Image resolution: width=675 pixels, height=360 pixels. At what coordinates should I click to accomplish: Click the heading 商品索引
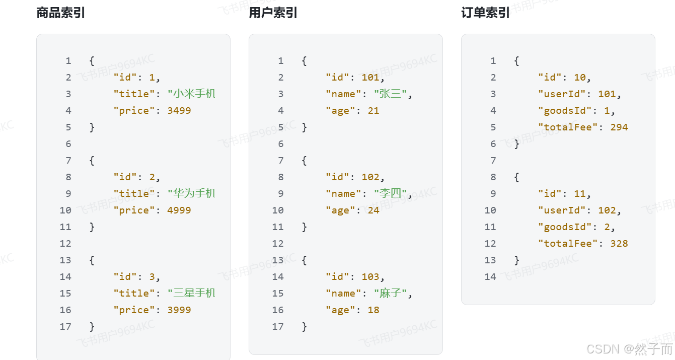(60, 13)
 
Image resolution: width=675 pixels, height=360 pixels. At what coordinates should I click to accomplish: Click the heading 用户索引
(273, 13)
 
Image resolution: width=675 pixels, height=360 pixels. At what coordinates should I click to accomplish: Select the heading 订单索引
(485, 13)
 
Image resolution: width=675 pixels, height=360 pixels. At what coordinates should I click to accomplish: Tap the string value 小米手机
(194, 94)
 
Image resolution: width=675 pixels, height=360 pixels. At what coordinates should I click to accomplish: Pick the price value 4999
(179, 210)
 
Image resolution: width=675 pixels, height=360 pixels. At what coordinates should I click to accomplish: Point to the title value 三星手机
(194, 294)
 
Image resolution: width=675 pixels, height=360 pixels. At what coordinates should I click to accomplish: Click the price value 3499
(179, 111)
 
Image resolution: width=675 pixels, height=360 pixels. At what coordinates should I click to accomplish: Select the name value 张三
(391, 94)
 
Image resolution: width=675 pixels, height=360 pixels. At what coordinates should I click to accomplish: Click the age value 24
(373, 210)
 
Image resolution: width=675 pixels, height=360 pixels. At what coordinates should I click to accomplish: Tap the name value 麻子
(391, 294)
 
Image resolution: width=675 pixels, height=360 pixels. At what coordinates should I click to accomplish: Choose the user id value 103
(370, 277)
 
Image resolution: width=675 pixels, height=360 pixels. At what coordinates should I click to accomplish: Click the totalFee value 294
(619, 127)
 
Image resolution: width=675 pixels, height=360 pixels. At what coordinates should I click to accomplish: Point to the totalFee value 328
(619, 244)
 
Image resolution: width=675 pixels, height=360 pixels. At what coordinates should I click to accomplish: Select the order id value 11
(580, 194)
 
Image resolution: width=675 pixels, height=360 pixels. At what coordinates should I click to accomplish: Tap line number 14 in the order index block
(490, 277)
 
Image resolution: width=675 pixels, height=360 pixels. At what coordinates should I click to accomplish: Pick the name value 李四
(391, 194)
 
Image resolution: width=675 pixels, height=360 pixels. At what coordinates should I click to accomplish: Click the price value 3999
(179, 310)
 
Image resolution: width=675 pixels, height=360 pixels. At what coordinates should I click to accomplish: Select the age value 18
(373, 310)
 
